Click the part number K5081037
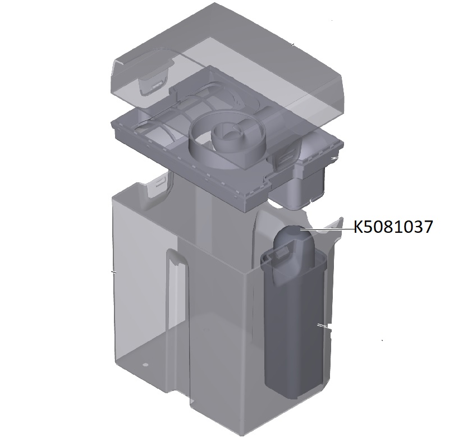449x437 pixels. click(x=393, y=227)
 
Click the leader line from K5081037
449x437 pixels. click(x=327, y=229)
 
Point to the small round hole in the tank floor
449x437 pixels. click(x=145, y=365)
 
